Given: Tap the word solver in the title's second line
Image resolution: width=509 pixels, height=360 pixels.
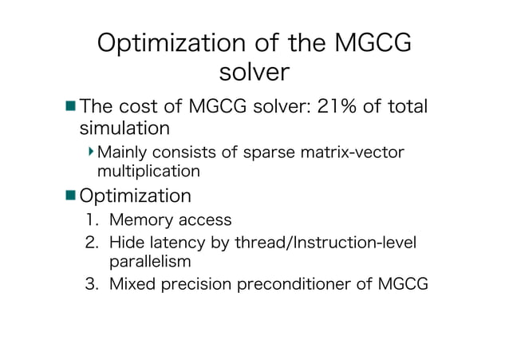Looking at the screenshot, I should pos(254,73).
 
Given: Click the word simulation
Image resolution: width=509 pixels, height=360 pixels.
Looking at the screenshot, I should pos(124,128).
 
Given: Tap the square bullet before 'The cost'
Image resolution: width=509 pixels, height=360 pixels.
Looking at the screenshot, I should pos(71,105).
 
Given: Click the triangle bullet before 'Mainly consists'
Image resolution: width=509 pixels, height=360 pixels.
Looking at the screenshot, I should pos(92,151).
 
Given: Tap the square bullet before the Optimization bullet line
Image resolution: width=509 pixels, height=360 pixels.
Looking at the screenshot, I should pos(71,196).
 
